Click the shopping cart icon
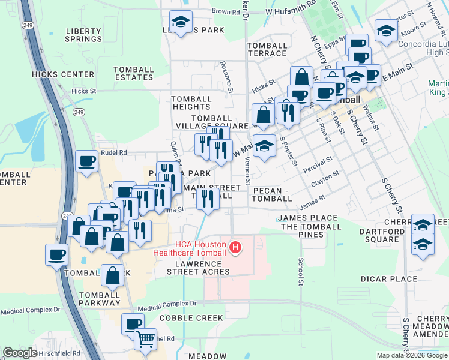pos(146,340)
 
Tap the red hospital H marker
pos(236,247)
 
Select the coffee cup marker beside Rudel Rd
pos(87,161)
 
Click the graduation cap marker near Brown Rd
pos(181,22)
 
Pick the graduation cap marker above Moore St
pos(386,30)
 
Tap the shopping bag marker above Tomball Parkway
pos(112,275)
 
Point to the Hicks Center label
pos(64,74)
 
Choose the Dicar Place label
pos(389,279)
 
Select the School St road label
pos(300,271)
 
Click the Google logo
pos(20,353)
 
